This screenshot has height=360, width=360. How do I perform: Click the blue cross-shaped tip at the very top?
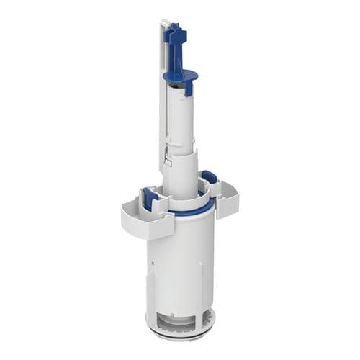174,32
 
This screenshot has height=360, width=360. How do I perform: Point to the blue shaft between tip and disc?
177,54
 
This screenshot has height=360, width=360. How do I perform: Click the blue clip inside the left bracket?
151,198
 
